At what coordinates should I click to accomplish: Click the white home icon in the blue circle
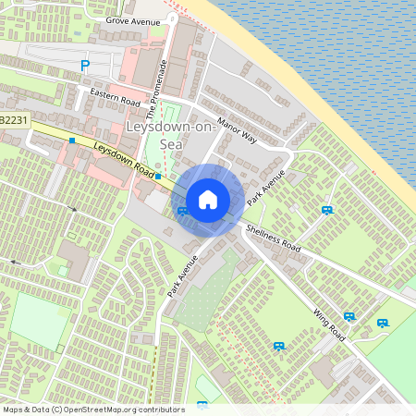[208, 200]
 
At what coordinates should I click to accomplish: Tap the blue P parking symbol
[86, 66]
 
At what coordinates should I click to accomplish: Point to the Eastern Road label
[115, 95]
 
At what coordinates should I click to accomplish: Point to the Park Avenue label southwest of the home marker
[183, 275]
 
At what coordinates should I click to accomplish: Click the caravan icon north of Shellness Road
[327, 210]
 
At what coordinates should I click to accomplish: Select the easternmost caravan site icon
[383, 324]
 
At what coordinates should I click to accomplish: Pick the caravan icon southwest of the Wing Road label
[278, 346]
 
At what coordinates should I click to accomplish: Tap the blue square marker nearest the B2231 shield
[71, 140]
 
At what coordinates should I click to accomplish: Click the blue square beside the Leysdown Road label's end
[158, 176]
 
